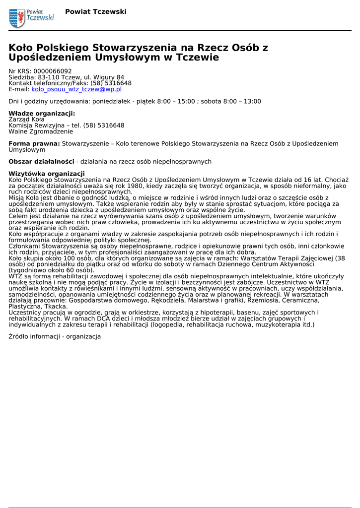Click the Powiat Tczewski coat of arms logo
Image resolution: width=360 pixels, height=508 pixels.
pyautogui.click(x=17, y=18)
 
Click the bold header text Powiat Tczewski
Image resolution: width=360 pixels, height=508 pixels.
pyautogui.click(x=95, y=11)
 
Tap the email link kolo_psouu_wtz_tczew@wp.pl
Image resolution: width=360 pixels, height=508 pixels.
pyautogui.click(x=76, y=90)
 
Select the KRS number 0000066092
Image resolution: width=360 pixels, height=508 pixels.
pyautogui.click(x=52, y=71)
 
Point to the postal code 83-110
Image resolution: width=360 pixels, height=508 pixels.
pyautogui.click(x=50, y=77)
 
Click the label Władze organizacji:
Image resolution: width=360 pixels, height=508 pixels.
pyautogui.click(x=42, y=114)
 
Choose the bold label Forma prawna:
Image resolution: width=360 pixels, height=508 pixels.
pyautogui.click(x=34, y=144)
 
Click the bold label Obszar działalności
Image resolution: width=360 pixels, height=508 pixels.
pyautogui.click(x=41, y=162)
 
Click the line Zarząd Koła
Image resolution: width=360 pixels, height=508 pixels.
pyautogui.click(x=27, y=120)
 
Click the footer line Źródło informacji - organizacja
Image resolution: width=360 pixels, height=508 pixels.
pyautogui.click(x=55, y=337)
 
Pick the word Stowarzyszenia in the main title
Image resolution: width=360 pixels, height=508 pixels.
pyautogui.click(x=134, y=48)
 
